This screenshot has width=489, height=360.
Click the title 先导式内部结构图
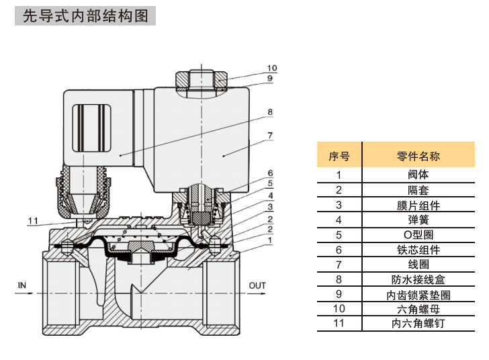85,16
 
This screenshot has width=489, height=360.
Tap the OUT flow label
257,285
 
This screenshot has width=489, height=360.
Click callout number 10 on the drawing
271,68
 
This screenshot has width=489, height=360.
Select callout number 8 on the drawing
269,112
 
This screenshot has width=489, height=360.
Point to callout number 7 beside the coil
269,135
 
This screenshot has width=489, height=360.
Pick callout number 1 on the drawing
269,240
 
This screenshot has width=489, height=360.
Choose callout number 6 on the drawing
269,173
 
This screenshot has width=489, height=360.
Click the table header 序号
339,156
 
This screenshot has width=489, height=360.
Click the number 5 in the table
339,234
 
